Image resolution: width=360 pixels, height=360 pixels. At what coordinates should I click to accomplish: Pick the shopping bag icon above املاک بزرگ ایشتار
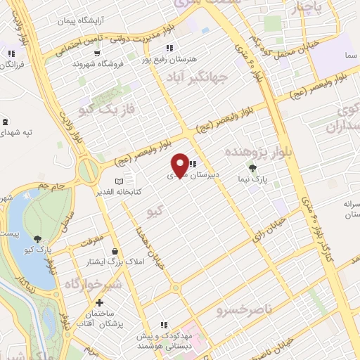pyautogui.click(x=113, y=251)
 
